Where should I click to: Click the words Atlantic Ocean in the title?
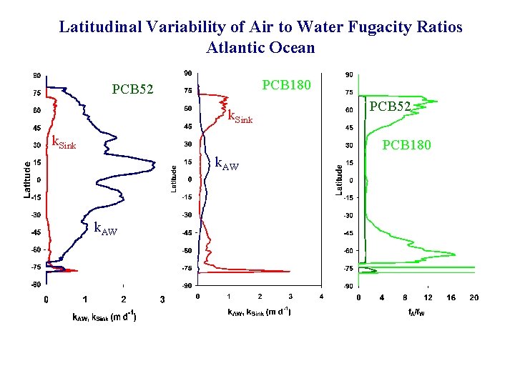click(260, 48)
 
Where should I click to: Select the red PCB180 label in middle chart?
click(287, 85)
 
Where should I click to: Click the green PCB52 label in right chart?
click(390, 107)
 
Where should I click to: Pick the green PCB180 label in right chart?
click(407, 146)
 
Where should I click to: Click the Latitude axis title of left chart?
click(26, 179)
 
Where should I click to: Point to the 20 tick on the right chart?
click(474, 297)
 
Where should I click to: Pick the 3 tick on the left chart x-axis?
click(162, 299)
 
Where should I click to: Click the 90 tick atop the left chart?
click(34, 74)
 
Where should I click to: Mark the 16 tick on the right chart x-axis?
click(451, 297)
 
